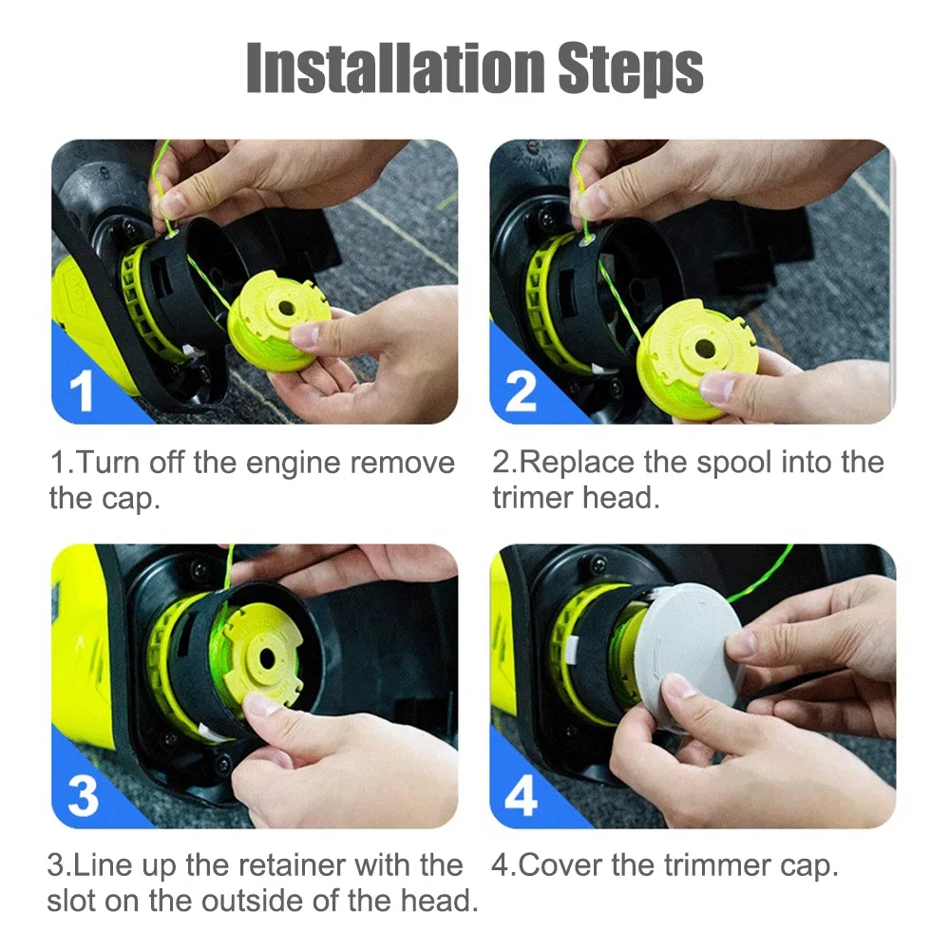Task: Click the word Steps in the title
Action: [630, 70]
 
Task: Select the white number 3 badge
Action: [83, 795]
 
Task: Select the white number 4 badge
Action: [521, 795]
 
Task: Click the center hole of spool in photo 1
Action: [286, 310]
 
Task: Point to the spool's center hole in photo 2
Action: [705, 349]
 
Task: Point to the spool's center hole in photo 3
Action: [267, 658]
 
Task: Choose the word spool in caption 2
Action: [733, 464]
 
